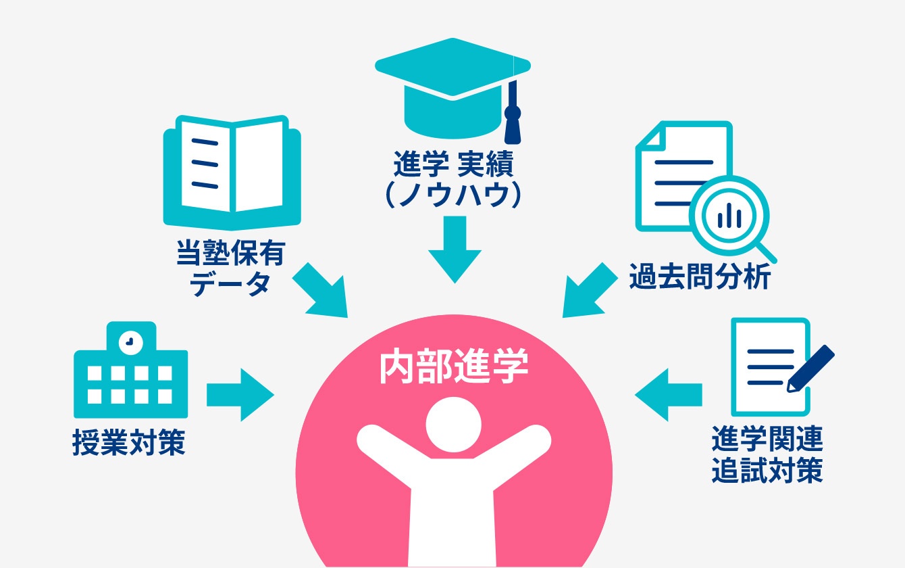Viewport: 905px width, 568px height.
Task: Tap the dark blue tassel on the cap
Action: click(x=513, y=114)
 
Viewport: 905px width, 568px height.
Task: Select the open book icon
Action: click(x=232, y=172)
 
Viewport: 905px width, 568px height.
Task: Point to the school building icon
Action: click(x=130, y=370)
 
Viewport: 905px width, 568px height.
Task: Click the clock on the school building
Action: click(x=130, y=342)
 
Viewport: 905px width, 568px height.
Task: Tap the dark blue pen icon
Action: click(x=810, y=369)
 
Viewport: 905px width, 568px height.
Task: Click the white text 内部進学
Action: click(x=454, y=365)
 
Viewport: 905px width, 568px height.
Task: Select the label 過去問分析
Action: click(x=700, y=277)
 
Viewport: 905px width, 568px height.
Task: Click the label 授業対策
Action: click(x=129, y=442)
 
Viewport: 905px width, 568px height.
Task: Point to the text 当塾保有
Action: click(x=231, y=254)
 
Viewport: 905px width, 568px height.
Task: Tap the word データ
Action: click(x=230, y=284)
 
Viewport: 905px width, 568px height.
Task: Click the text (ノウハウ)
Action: click(x=453, y=195)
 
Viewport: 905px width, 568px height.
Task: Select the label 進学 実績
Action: click(x=453, y=164)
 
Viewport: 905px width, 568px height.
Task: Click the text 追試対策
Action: click(x=767, y=470)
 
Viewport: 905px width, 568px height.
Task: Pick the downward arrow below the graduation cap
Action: click(x=455, y=250)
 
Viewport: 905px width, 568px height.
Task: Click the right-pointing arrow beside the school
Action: click(x=240, y=395)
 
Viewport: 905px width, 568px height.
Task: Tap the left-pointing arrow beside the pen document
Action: click(x=669, y=395)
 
